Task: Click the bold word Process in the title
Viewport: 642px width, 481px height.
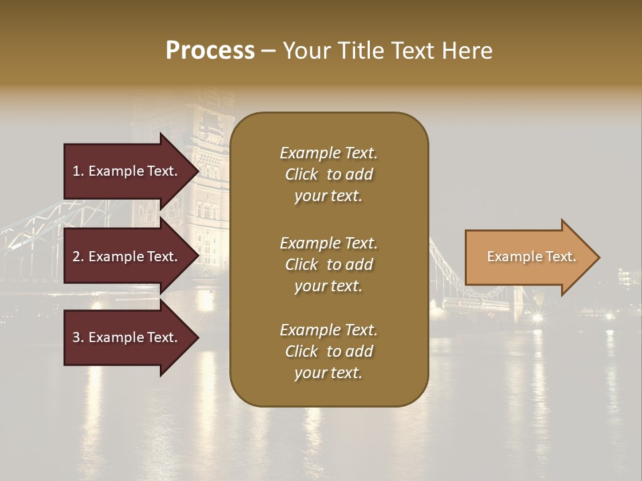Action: tap(210, 51)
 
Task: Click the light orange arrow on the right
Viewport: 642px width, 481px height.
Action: tap(528, 257)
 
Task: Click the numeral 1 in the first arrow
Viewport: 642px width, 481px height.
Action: tap(76, 171)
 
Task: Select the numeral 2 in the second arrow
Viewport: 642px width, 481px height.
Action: tap(76, 257)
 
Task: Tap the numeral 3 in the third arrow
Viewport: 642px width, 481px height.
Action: tap(76, 337)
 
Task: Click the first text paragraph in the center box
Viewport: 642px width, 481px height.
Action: tap(328, 174)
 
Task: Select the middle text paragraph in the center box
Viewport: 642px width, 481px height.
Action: tap(328, 265)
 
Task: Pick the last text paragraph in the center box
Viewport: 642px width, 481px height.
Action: tap(328, 351)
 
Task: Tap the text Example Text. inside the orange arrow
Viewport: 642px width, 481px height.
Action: tap(531, 257)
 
